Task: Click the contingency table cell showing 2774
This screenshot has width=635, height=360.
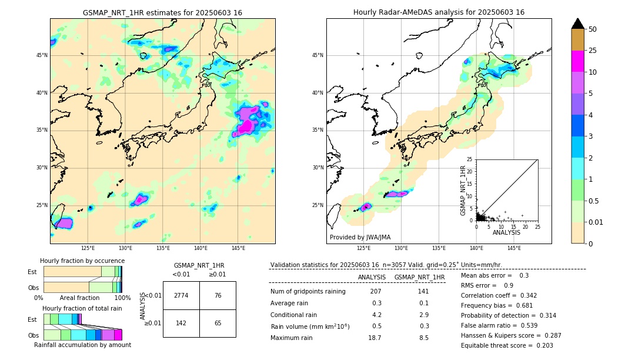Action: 181,295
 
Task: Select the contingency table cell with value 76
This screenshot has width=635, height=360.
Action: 218,295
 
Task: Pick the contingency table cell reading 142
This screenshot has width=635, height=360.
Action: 181,323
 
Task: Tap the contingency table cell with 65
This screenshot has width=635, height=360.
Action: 218,323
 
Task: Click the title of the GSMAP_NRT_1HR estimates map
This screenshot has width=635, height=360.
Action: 162,12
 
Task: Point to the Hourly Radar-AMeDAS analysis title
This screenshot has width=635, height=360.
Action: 439,12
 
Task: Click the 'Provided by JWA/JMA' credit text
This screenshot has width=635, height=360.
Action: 360,238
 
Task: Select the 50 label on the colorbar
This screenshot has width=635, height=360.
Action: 593,29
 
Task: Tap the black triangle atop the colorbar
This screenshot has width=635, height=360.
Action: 578,24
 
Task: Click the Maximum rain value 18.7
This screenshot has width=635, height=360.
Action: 375,338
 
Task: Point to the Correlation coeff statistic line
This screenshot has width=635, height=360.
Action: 499,295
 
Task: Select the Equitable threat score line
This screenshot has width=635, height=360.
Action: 507,345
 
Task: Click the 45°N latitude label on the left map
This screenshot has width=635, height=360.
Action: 42,55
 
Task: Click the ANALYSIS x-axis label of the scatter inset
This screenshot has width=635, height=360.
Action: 507,232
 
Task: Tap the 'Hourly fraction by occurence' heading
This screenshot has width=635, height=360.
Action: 82,261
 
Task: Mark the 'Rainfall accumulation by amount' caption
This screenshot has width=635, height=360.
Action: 82,345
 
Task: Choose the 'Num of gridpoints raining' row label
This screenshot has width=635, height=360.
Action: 308,292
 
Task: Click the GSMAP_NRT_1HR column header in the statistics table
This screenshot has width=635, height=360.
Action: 419,277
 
